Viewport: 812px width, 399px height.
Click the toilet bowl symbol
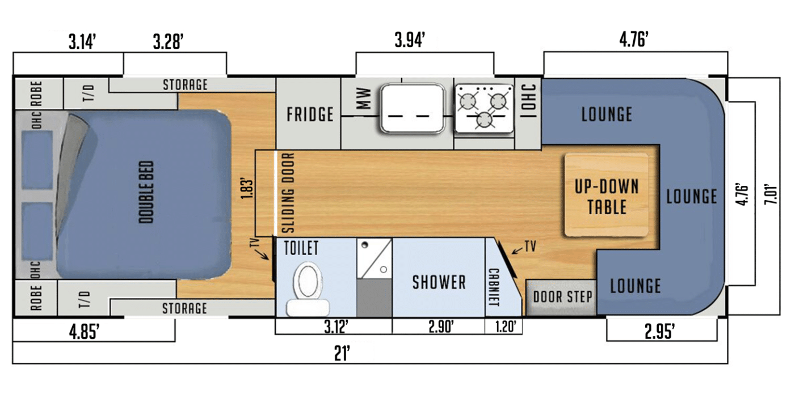pyautogui.click(x=308, y=281)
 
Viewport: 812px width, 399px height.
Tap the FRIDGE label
pyautogui.click(x=309, y=114)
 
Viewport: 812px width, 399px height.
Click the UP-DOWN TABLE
pyautogui.click(x=607, y=196)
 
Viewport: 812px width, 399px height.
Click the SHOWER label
pyautogui.click(x=439, y=282)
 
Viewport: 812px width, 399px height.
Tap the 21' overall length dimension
pyautogui.click(x=342, y=354)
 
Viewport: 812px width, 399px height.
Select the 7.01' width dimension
pyautogui.click(x=770, y=197)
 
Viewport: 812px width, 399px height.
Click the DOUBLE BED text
pyautogui.click(x=146, y=192)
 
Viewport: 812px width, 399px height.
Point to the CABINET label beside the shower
pyautogui.click(x=493, y=287)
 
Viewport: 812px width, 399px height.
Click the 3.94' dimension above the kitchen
pyautogui.click(x=410, y=41)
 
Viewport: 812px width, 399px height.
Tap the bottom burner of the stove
pyautogui.click(x=483, y=120)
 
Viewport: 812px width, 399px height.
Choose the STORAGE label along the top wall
pyautogui.click(x=185, y=85)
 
